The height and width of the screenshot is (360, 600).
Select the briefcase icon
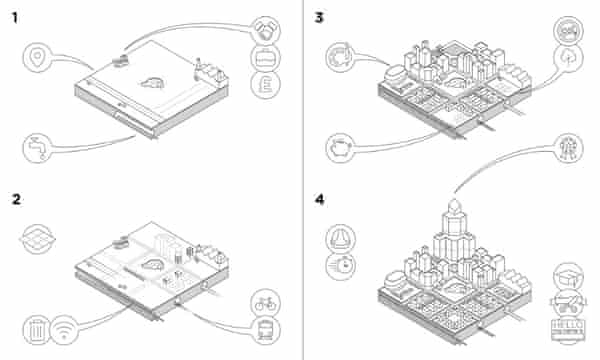pos(268,56)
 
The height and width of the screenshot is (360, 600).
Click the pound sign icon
pos(268,87)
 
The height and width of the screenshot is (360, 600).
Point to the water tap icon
pos(38,148)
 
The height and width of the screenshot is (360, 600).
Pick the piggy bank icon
pos(339,148)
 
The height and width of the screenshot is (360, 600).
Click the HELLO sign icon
pos(568,329)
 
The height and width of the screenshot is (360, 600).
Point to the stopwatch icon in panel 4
pos(338,265)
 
